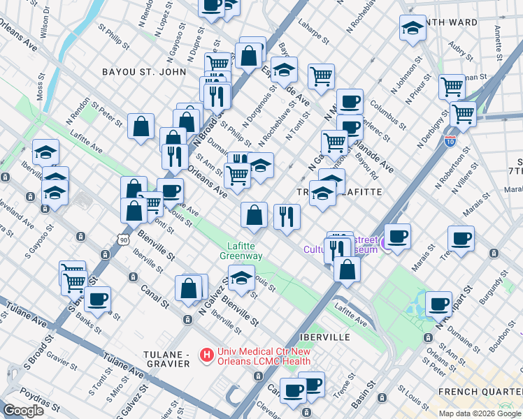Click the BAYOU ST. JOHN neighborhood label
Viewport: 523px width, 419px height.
[x=144, y=72]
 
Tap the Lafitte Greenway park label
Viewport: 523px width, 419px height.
[x=241, y=251]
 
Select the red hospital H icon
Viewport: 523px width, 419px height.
[x=206, y=355]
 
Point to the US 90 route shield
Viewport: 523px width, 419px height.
[x=123, y=239]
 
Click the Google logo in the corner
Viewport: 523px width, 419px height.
[x=23, y=411]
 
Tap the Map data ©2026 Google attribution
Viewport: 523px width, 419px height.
[x=480, y=413]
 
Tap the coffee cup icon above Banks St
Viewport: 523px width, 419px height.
[x=98, y=299]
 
